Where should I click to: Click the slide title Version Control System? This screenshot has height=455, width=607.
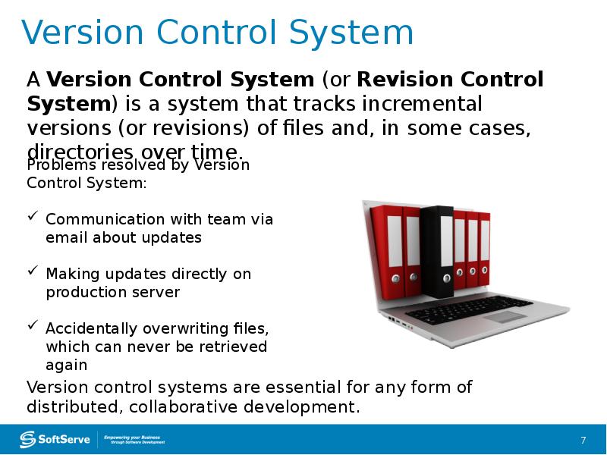(x=218, y=33)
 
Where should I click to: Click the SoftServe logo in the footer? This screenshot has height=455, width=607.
(x=55, y=439)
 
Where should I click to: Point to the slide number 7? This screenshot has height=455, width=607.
(x=583, y=441)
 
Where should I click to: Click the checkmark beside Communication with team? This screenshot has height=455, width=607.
(x=33, y=218)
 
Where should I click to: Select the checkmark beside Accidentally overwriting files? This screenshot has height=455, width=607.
(x=33, y=328)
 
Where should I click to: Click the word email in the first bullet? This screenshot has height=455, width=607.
(x=67, y=237)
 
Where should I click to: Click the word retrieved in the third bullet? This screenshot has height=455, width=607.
(x=232, y=347)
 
